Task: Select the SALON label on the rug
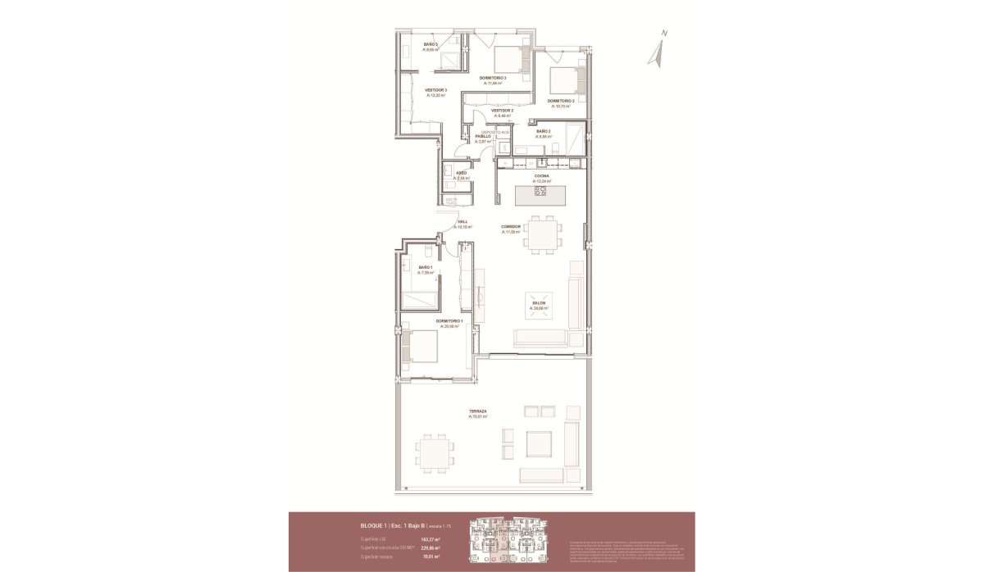tap(538, 304)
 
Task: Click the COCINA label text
tap(541, 175)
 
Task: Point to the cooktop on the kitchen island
tap(540, 192)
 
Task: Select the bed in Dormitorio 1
tap(419, 344)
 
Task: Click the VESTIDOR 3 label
tap(435, 92)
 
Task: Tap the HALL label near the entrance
tap(462, 222)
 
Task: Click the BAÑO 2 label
tap(430, 46)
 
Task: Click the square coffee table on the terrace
tap(540, 444)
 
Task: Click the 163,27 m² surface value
tap(430, 538)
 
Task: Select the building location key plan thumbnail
tap(512, 540)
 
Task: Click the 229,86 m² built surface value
tap(430, 548)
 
